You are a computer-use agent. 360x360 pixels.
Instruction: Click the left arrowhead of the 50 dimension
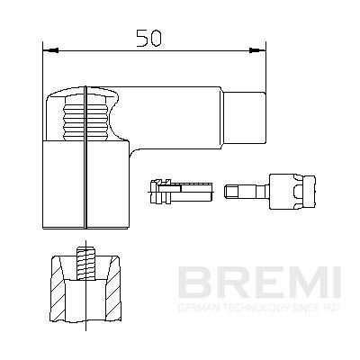tap(48, 51)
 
